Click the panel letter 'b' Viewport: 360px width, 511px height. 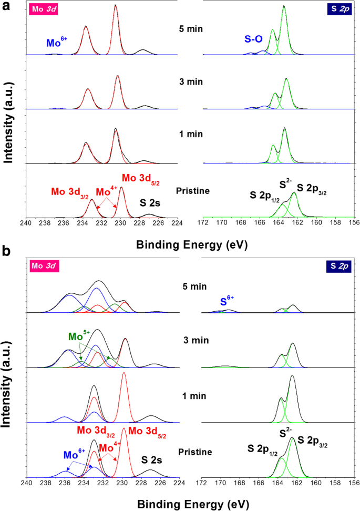pos(6,252)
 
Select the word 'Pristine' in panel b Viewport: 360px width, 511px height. pos(195,452)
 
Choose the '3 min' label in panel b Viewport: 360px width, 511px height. pos(191,340)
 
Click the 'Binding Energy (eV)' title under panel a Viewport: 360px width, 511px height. pos(191,244)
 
